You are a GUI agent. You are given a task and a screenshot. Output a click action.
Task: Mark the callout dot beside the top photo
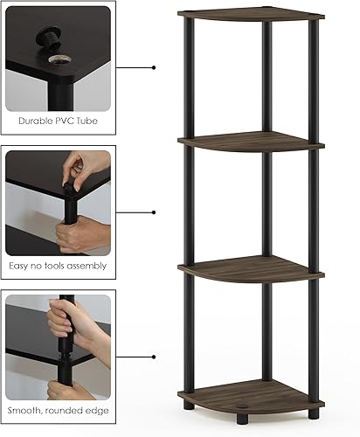154,66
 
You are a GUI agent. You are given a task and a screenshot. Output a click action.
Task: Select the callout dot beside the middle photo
154,212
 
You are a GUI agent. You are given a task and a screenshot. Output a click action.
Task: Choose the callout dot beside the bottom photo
154,357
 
